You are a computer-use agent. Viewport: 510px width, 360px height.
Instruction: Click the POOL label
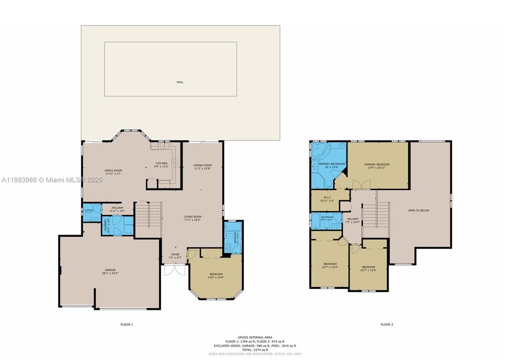[180, 82]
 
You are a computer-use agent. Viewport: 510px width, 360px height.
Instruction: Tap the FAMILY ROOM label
[113, 172]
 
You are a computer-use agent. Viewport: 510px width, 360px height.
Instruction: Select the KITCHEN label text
[161, 164]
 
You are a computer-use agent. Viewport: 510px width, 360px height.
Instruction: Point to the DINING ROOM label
[203, 167]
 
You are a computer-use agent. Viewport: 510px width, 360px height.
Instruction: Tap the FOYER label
[175, 255]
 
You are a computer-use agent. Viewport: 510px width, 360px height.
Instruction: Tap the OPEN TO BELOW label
[418, 210]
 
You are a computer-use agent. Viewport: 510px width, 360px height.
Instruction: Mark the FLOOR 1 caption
[127, 324]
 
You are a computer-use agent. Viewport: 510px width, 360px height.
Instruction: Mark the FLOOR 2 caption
[386, 324]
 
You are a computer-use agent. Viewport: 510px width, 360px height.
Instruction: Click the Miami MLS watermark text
[52, 179]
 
